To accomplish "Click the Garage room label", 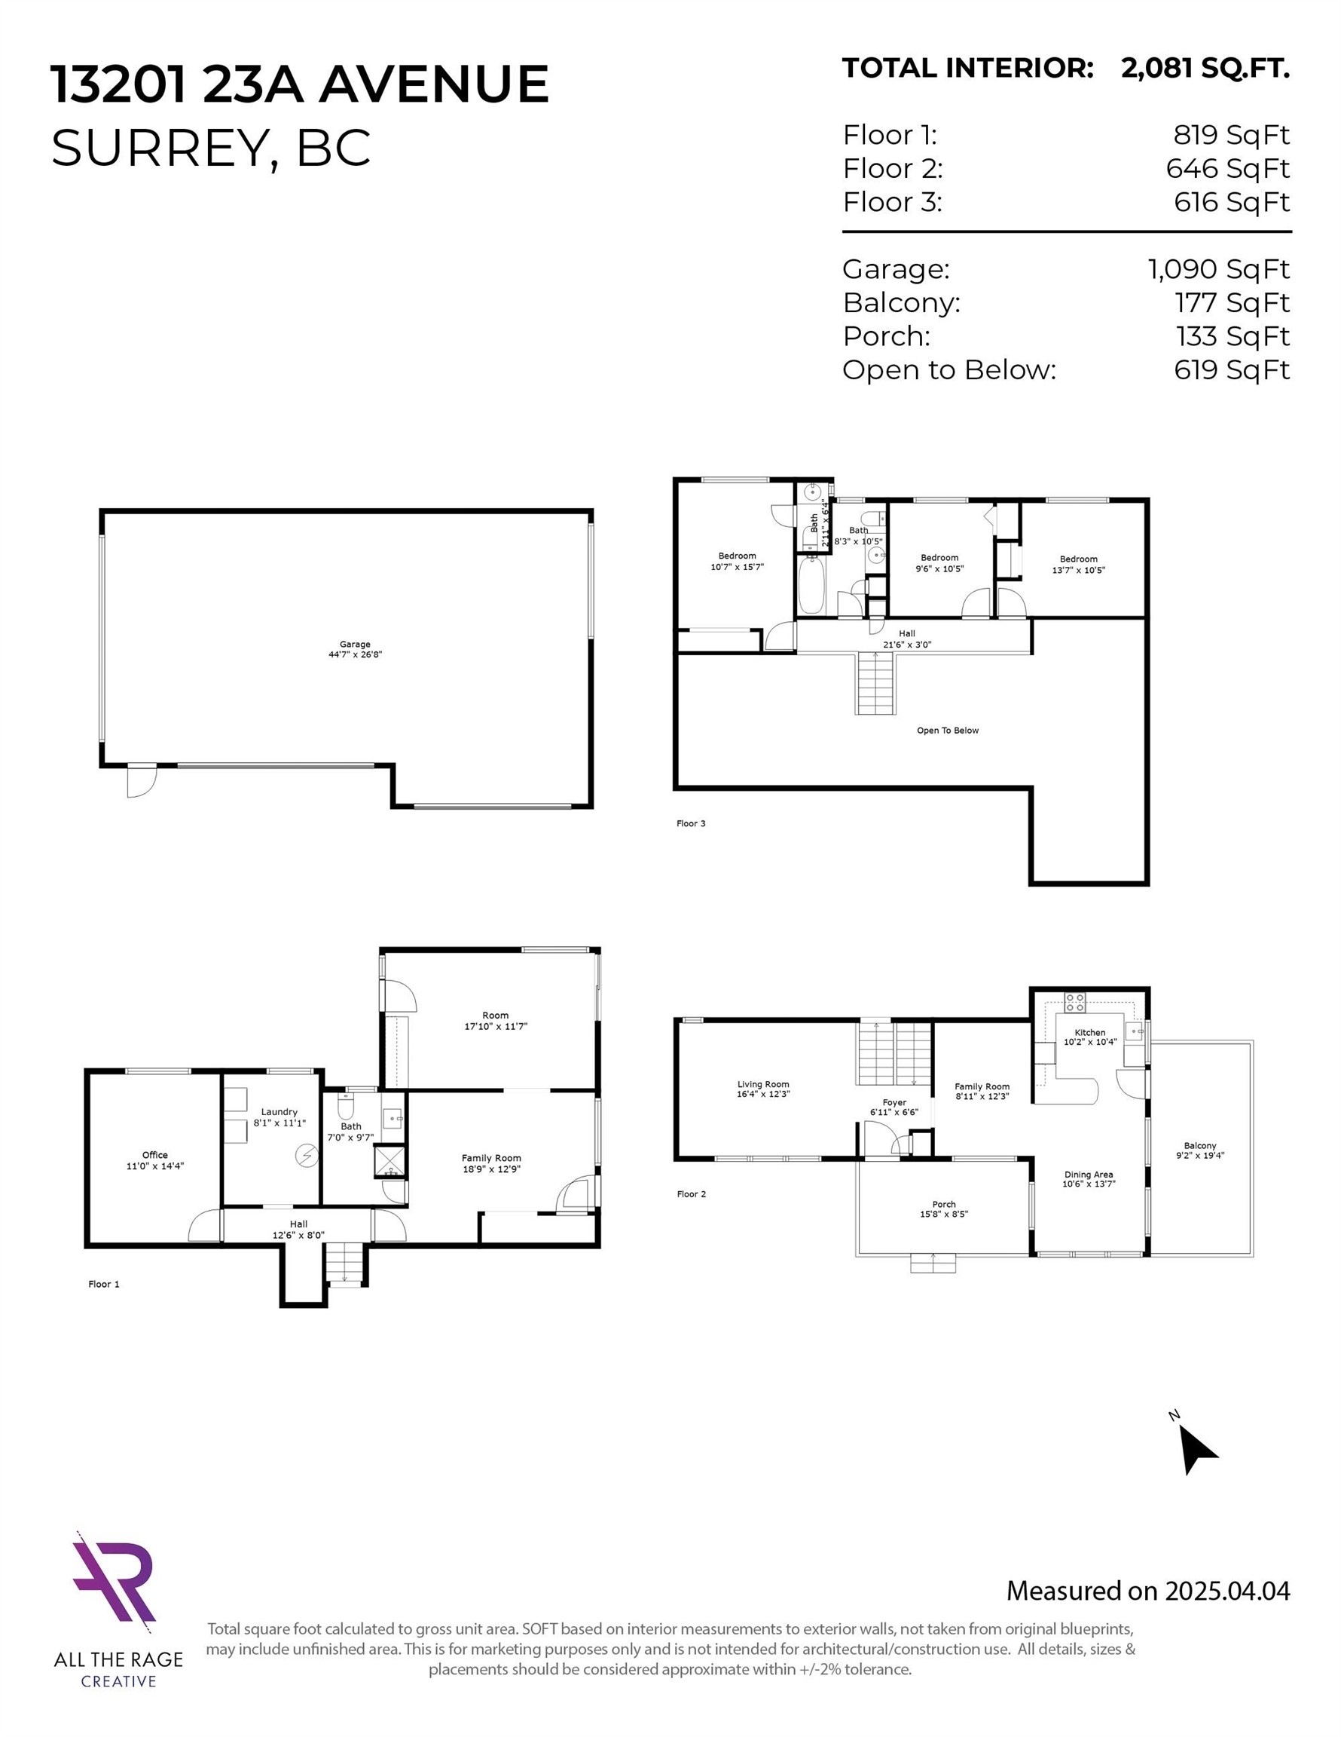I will [x=355, y=645].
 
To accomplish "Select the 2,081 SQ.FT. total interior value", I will [x=1205, y=69].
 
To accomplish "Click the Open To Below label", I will [x=948, y=730].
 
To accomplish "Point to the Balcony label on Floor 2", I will [x=1199, y=1145].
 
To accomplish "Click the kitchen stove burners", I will [x=1075, y=1002].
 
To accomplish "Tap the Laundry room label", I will [x=279, y=1112].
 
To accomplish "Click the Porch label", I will [x=943, y=1204].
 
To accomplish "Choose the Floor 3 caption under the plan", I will [x=691, y=823].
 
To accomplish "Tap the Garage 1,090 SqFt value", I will [x=1217, y=270].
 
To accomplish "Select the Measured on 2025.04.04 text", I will [x=1147, y=1591].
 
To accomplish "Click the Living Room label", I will [x=762, y=1084].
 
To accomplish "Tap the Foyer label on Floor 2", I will [x=893, y=1102].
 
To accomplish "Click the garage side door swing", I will [x=141, y=780].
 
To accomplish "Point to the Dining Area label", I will [x=1088, y=1174].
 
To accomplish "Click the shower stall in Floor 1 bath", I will [x=390, y=1162].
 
